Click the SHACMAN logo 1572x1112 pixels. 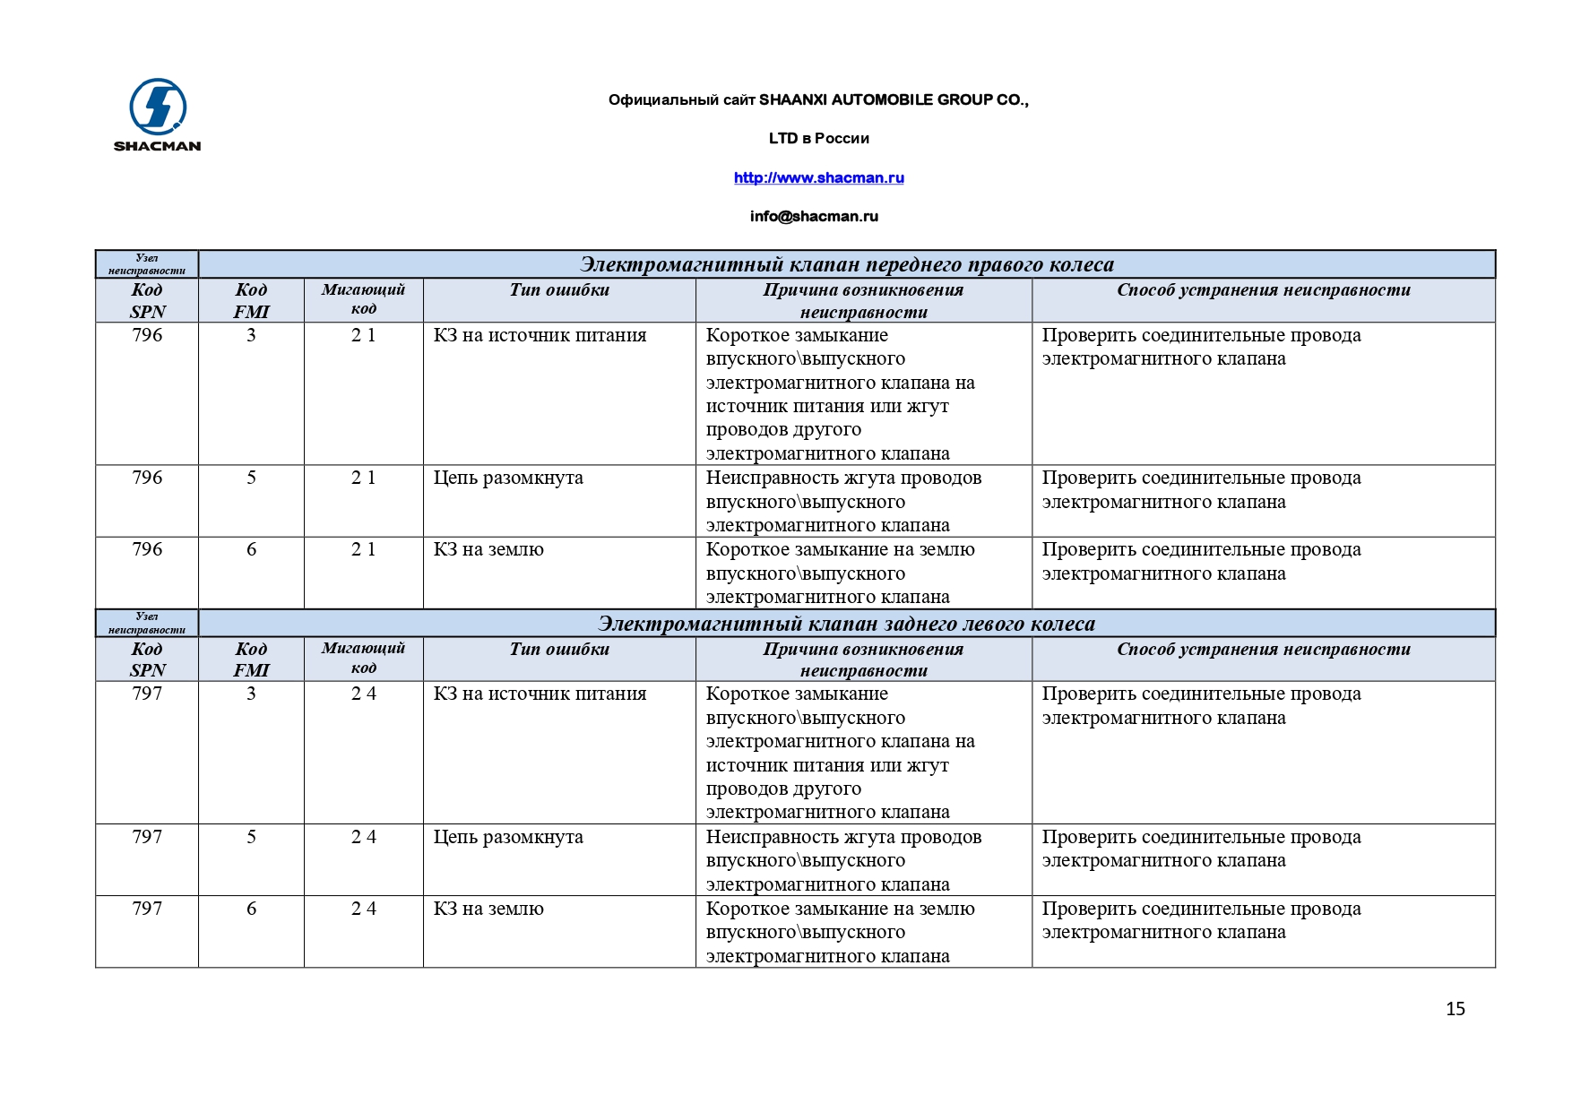[x=158, y=114]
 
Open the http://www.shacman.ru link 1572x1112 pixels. [x=818, y=177]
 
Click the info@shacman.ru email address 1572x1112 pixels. [x=814, y=216]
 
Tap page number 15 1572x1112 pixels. [x=1455, y=1009]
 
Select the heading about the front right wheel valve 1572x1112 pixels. [x=846, y=264]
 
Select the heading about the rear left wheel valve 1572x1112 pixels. [x=846, y=624]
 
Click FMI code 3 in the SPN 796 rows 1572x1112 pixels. [x=251, y=335]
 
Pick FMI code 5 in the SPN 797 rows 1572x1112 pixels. [x=251, y=837]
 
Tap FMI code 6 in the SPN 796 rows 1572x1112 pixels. [x=251, y=549]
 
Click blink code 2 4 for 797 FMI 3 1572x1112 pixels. [x=363, y=694]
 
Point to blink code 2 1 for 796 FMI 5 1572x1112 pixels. [x=363, y=478]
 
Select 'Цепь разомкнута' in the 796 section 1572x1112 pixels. [x=508, y=478]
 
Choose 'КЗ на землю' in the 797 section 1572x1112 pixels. [x=488, y=909]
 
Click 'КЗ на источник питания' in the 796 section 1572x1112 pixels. [x=540, y=335]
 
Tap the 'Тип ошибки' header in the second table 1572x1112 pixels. [x=559, y=649]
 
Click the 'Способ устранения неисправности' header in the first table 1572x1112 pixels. [x=1263, y=289]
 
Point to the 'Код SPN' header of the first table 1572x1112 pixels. [x=147, y=300]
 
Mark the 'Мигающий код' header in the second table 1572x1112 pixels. [x=363, y=658]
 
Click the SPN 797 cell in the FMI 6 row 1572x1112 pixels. [x=147, y=909]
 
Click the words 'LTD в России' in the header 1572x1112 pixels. [x=818, y=138]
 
